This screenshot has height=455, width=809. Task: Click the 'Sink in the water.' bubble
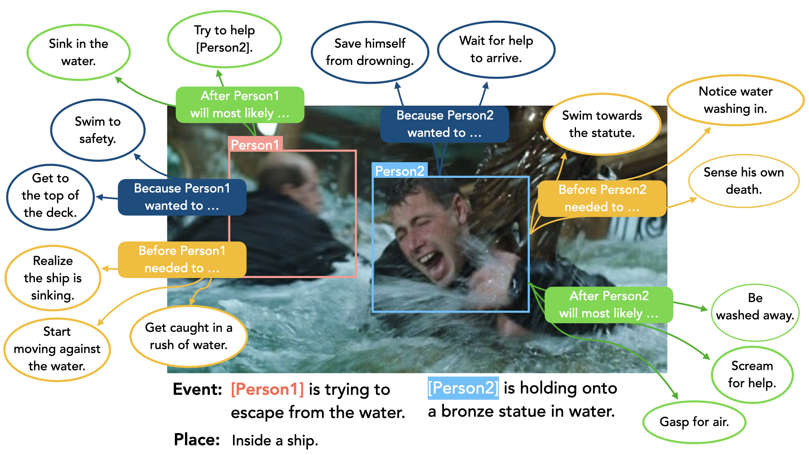click(78, 52)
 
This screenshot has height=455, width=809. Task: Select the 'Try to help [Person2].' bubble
click(224, 39)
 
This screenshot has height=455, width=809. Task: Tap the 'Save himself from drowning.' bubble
click(370, 52)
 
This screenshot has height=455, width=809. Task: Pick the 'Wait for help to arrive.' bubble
click(496, 49)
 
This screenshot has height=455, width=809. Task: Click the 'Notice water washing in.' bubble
click(735, 100)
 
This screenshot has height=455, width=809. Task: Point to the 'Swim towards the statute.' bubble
click(602, 124)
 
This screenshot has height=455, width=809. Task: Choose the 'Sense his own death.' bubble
click(744, 181)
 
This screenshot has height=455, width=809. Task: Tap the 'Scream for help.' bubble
click(752, 374)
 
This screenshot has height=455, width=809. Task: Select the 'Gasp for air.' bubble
click(694, 422)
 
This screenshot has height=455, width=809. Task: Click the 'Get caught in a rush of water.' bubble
click(188, 336)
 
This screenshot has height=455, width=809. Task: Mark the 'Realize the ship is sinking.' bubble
click(53, 278)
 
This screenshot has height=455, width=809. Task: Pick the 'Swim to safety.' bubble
click(97, 130)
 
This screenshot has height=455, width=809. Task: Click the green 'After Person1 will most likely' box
click(240, 104)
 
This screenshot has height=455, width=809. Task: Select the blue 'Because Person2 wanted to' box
click(445, 124)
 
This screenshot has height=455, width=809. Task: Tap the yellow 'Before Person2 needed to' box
click(602, 198)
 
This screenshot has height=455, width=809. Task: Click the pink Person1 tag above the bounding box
click(255, 145)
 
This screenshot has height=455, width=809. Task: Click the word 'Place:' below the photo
click(197, 440)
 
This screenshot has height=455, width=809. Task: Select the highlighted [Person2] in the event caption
click(463, 388)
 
